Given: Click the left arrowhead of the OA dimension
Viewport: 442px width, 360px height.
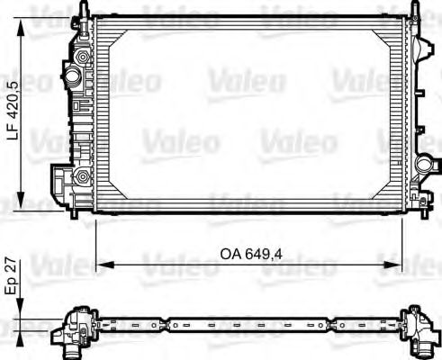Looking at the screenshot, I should [101, 265].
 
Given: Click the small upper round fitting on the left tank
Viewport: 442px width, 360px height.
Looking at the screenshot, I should [83, 57].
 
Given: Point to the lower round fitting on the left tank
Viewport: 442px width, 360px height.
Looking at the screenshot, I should [83, 175].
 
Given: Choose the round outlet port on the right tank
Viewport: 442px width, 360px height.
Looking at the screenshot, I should [423, 165].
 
